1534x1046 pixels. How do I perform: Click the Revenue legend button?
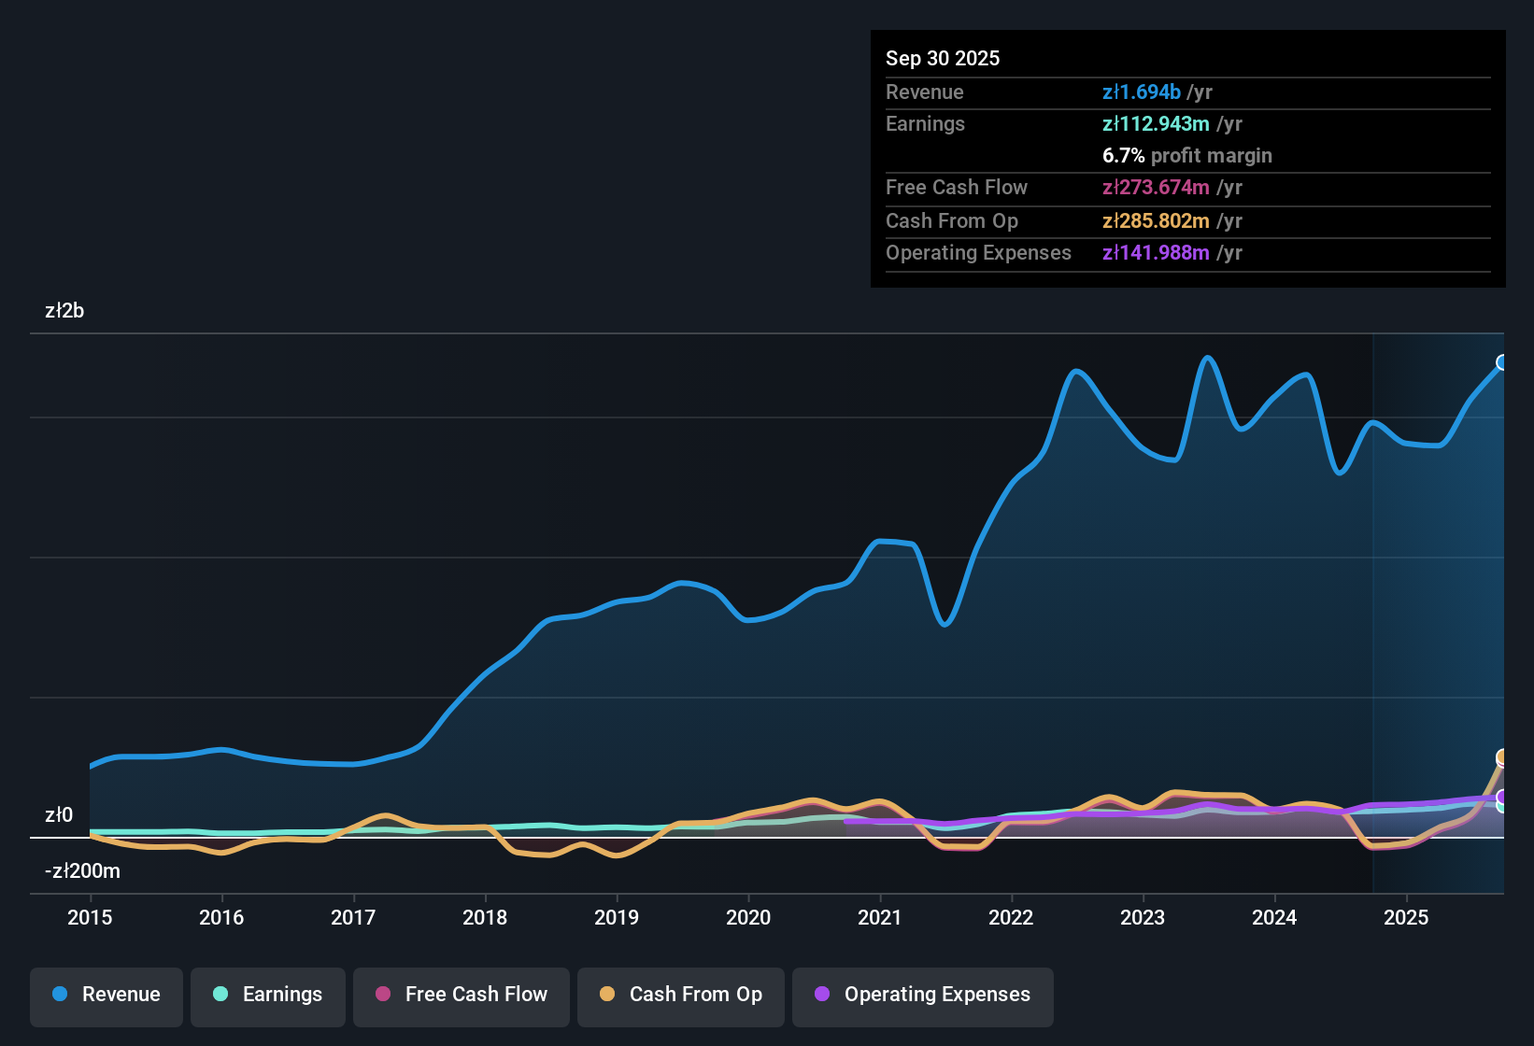pyautogui.click(x=107, y=995)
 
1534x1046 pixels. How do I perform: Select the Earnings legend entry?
pyautogui.click(x=268, y=995)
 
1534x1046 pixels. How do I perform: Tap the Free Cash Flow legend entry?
pyautogui.click(x=462, y=995)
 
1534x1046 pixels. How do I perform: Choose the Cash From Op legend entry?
pyautogui.click(x=681, y=995)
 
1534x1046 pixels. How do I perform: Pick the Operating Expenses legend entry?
pyautogui.click(x=923, y=995)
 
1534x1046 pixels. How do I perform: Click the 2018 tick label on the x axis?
pyautogui.click(x=485, y=917)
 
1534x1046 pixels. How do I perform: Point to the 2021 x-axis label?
pyautogui.click(x=880, y=917)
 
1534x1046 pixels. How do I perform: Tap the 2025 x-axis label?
pyautogui.click(x=1406, y=917)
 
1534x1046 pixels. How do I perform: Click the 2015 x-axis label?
pyautogui.click(x=90, y=917)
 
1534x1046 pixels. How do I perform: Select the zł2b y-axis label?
pyautogui.click(x=64, y=311)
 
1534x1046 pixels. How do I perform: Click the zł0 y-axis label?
pyautogui.click(x=59, y=815)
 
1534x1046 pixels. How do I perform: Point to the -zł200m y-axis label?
pyautogui.click(x=82, y=871)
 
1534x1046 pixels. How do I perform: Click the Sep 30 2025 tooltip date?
pyautogui.click(x=943, y=58)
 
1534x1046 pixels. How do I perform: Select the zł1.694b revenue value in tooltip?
pyautogui.click(x=1141, y=92)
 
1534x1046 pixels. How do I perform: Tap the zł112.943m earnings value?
pyautogui.click(x=1156, y=123)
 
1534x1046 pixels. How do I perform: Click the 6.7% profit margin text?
pyautogui.click(x=1186, y=155)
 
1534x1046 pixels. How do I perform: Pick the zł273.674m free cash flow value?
pyautogui.click(x=1156, y=187)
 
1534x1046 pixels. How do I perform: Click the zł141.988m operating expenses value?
pyautogui.click(x=1156, y=252)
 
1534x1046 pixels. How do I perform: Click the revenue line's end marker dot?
pyautogui.click(x=1502, y=362)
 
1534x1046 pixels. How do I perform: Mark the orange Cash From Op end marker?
pyautogui.click(x=1502, y=757)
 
